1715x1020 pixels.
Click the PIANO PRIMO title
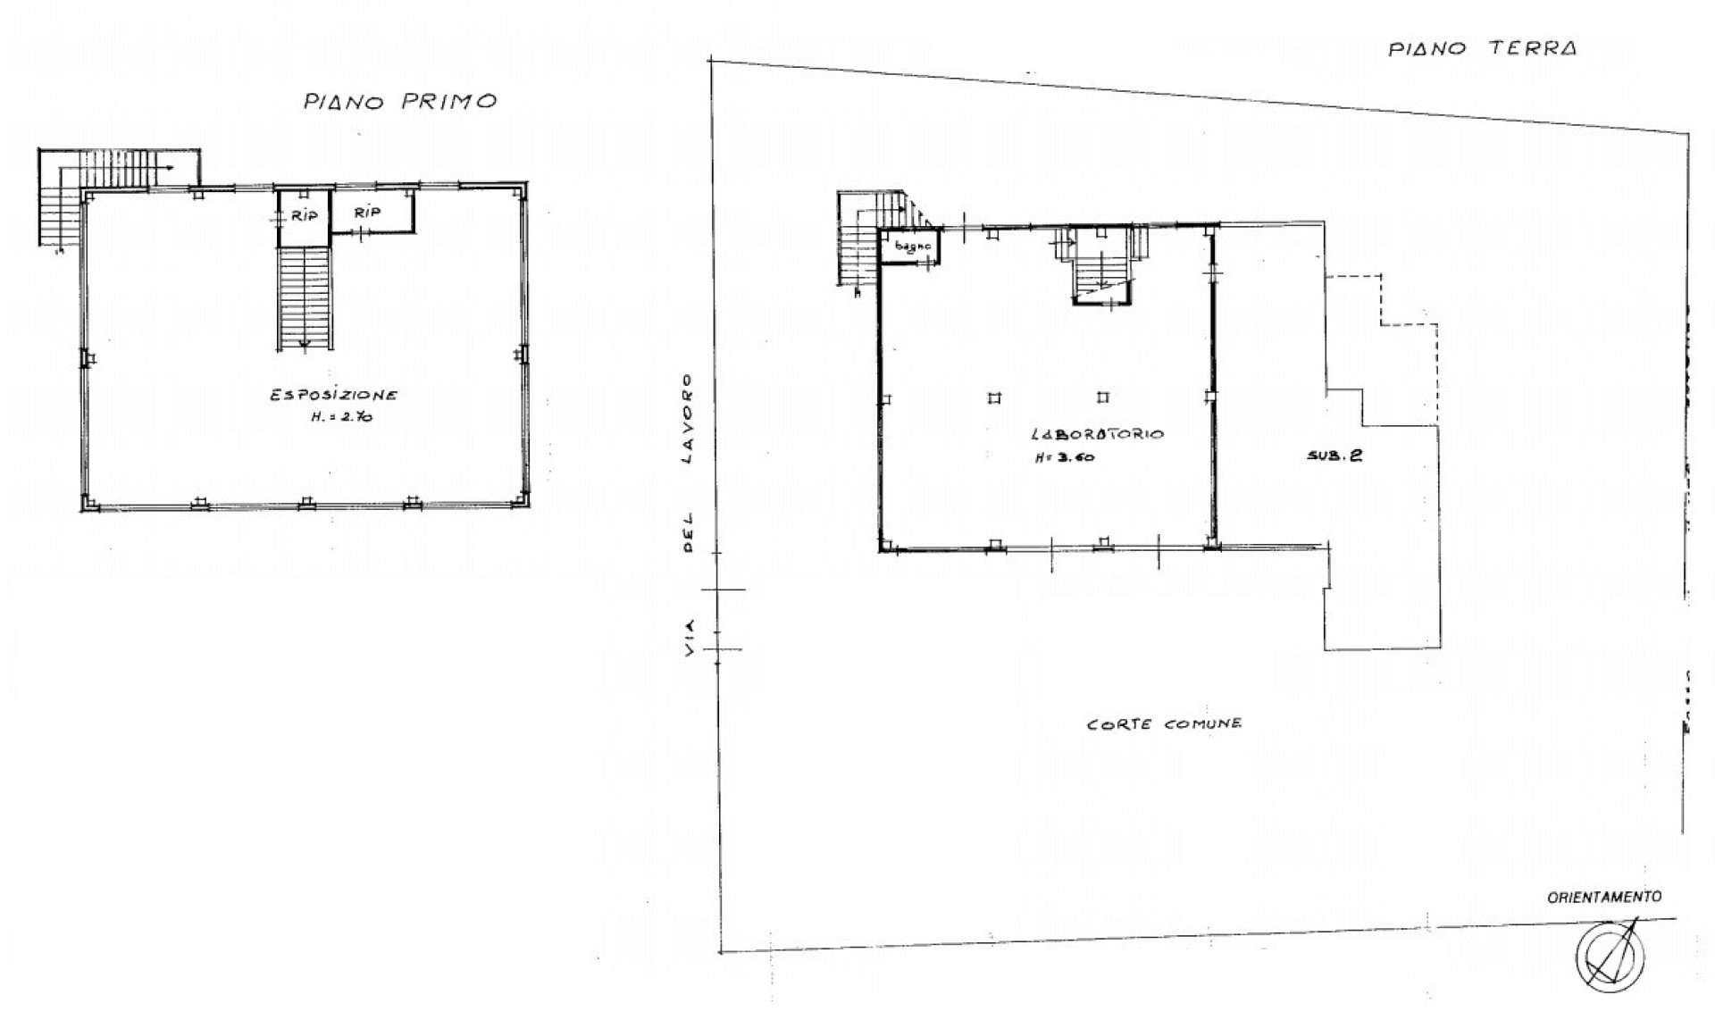pyautogui.click(x=399, y=101)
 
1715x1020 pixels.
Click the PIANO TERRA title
pyautogui.click(x=1482, y=48)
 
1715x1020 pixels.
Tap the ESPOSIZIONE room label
pyautogui.click(x=335, y=395)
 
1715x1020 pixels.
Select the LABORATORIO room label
pyautogui.click(x=1097, y=435)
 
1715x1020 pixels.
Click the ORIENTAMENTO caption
pyautogui.click(x=1604, y=896)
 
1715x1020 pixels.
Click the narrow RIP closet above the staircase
pyautogui.click(x=304, y=218)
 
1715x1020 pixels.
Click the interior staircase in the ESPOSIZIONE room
pyautogui.click(x=304, y=298)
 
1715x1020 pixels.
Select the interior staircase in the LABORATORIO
pyautogui.click(x=1102, y=265)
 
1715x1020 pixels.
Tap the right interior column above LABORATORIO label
pyautogui.click(x=1104, y=397)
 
